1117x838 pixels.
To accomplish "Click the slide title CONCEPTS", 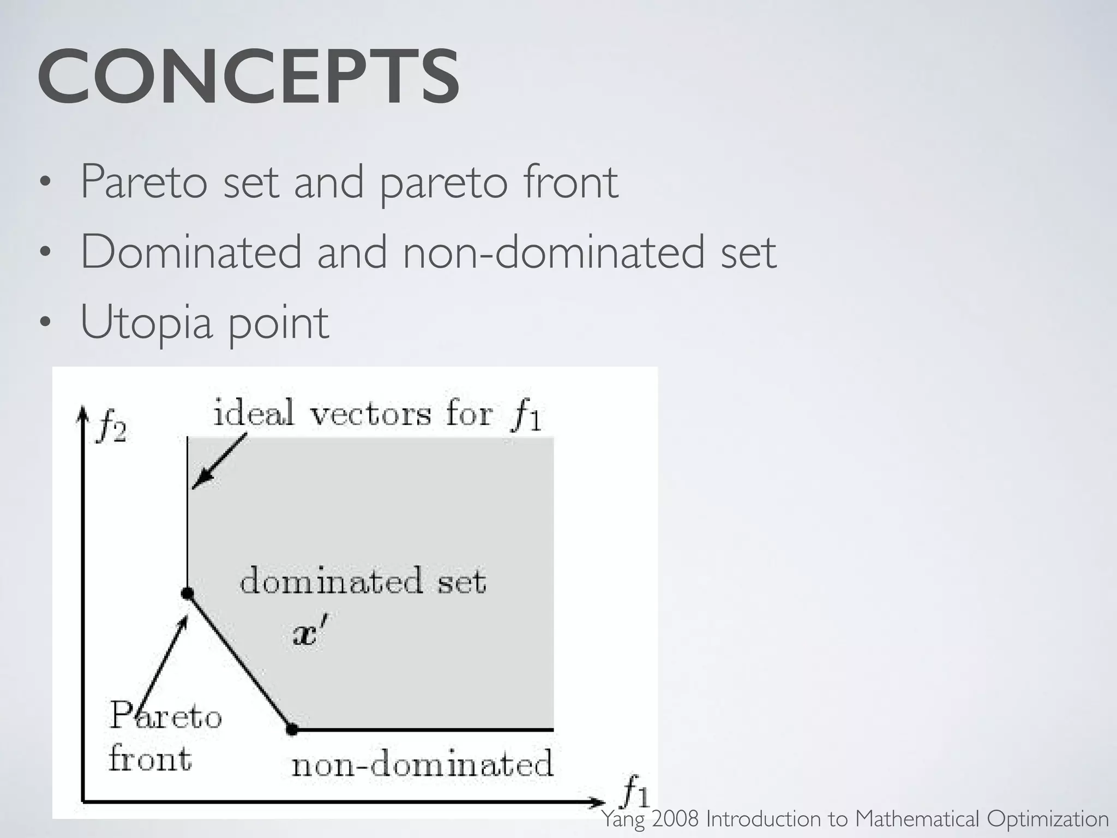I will click(x=248, y=77).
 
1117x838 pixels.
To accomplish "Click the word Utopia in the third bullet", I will click(x=146, y=322).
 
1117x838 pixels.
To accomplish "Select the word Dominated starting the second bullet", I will click(x=191, y=252).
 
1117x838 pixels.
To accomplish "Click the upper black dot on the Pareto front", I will click(x=187, y=594).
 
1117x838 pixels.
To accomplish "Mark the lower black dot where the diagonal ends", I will click(x=292, y=729).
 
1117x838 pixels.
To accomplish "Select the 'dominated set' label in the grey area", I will click(x=363, y=581).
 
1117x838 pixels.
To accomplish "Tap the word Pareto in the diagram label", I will click(x=166, y=716).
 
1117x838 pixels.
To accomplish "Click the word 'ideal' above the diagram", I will click(x=254, y=413).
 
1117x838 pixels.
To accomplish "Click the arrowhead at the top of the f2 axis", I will click(x=82, y=412).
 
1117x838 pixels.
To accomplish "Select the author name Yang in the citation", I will click(x=623, y=819).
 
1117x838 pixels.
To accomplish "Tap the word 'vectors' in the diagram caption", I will click(x=370, y=414).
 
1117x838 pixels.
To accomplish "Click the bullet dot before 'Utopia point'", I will click(x=45, y=322).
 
